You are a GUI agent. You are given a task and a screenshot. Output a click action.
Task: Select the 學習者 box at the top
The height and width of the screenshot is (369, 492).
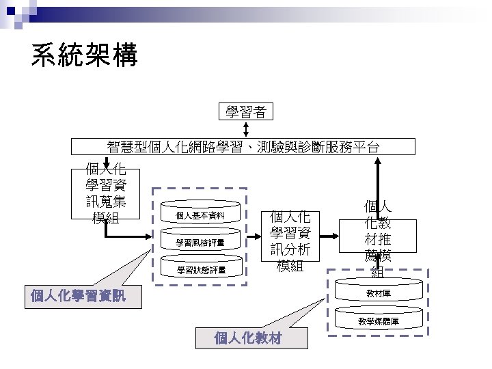coord(246,111)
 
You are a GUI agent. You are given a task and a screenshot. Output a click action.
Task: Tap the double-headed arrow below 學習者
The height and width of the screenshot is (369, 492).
coord(246,129)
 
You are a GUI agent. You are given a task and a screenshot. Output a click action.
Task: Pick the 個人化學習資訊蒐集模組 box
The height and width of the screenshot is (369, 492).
coord(106,193)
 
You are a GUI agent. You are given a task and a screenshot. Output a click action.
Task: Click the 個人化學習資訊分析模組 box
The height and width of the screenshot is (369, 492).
coord(290,241)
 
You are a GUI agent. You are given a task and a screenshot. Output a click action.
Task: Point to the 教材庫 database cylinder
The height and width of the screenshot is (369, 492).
coord(378,293)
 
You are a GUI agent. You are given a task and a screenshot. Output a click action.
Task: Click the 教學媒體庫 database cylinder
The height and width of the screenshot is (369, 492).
coord(378,320)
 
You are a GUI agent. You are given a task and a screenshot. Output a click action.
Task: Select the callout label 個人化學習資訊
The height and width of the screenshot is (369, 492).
coord(78,296)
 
